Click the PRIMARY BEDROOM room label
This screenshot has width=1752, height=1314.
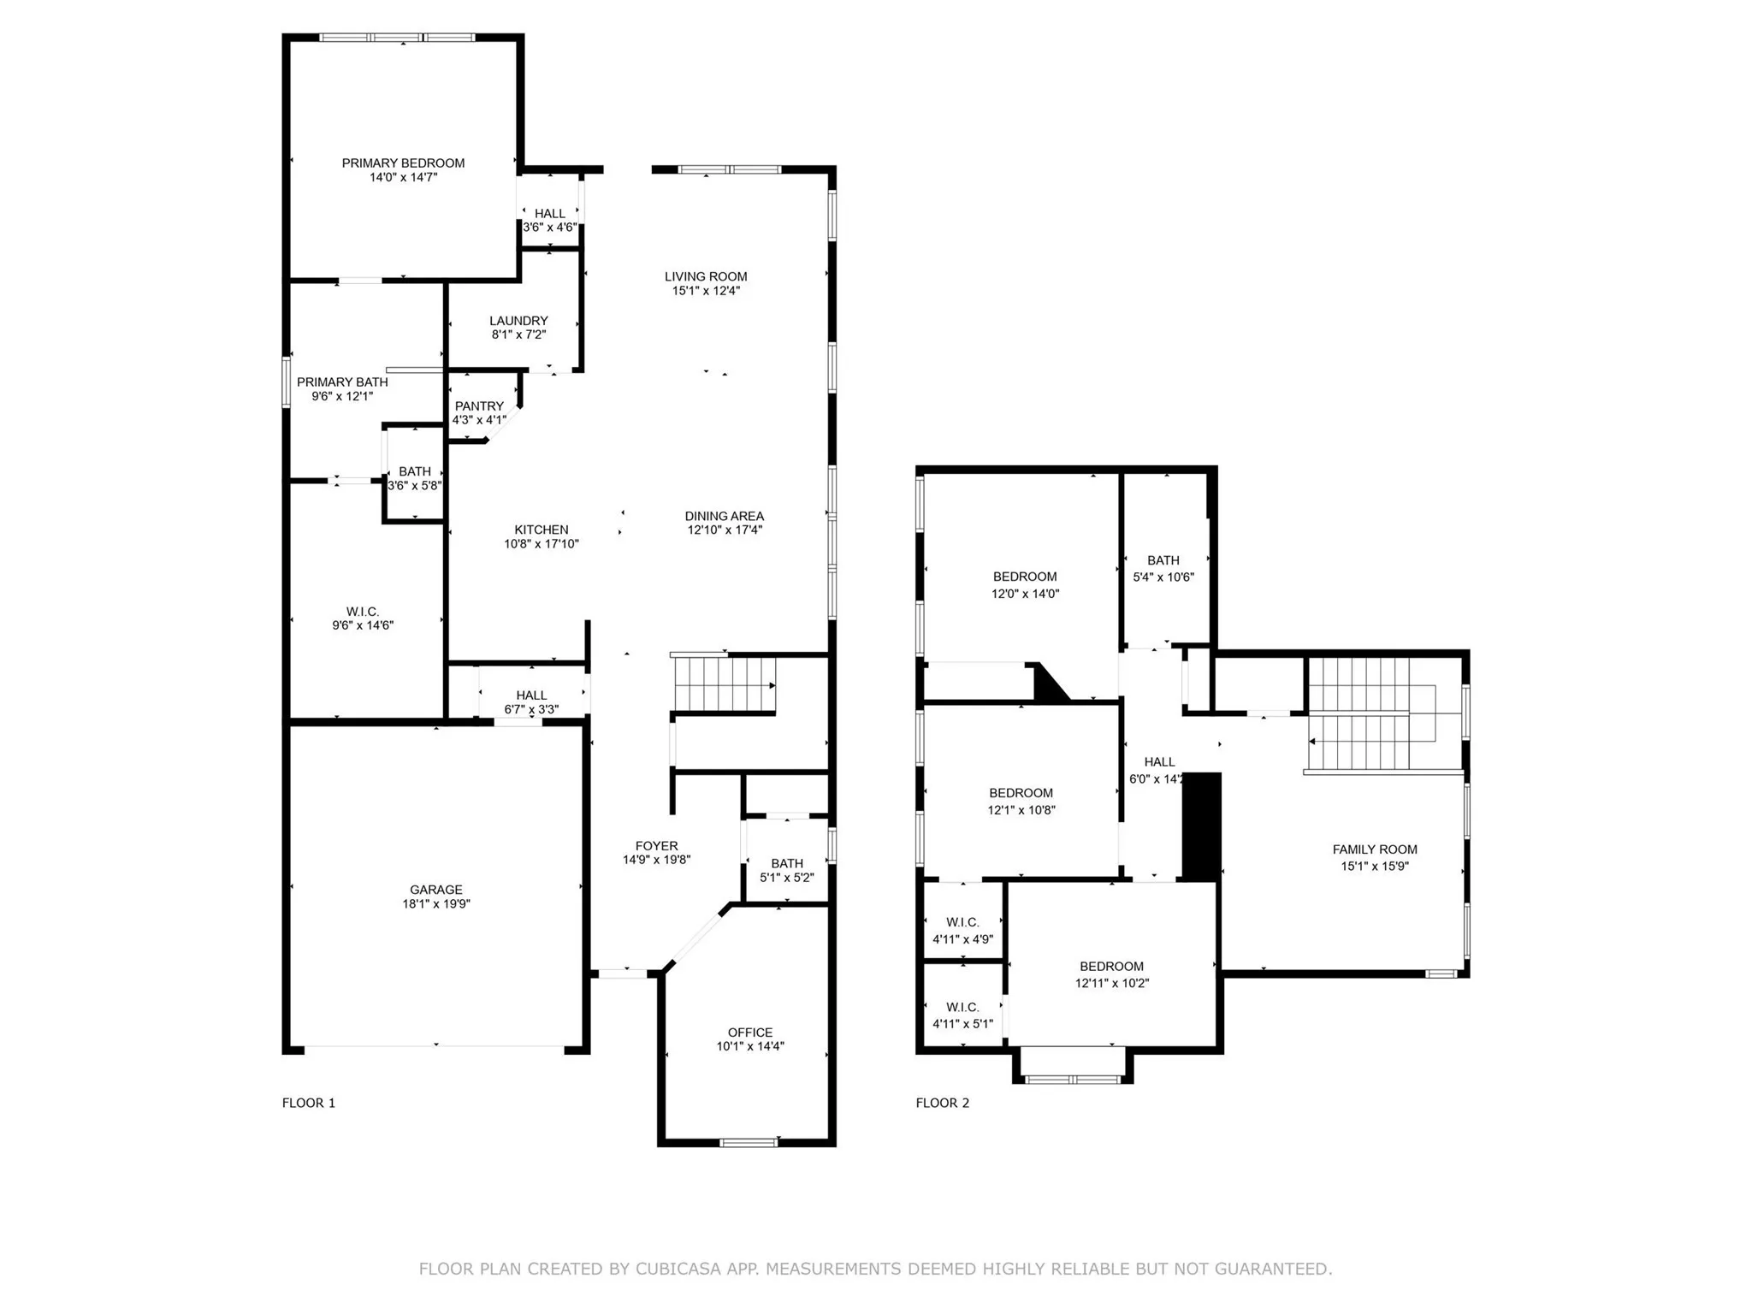click(x=403, y=163)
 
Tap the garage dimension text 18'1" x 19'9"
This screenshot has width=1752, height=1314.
click(x=436, y=903)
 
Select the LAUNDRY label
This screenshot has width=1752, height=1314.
click(x=518, y=321)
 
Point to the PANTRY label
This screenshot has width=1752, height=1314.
click(x=479, y=406)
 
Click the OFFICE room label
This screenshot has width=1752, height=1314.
click(x=750, y=1033)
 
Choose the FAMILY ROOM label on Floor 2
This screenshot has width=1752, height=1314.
click(x=1375, y=849)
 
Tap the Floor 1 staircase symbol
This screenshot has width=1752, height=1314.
click(x=724, y=684)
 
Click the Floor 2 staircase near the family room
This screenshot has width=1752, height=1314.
click(x=1360, y=714)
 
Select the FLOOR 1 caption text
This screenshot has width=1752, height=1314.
click(x=309, y=1103)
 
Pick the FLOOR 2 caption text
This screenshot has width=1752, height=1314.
click(x=943, y=1103)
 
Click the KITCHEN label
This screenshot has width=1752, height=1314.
click(x=542, y=530)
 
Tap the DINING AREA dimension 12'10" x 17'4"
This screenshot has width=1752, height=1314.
click(x=725, y=530)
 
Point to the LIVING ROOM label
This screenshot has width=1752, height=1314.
click(x=706, y=276)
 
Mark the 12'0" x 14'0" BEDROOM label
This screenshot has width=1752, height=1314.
click(x=1025, y=577)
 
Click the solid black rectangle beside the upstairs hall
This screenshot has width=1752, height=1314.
click(x=1202, y=826)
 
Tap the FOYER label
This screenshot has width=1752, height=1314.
click(x=656, y=846)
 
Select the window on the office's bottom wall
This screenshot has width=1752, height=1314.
click(x=749, y=1142)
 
